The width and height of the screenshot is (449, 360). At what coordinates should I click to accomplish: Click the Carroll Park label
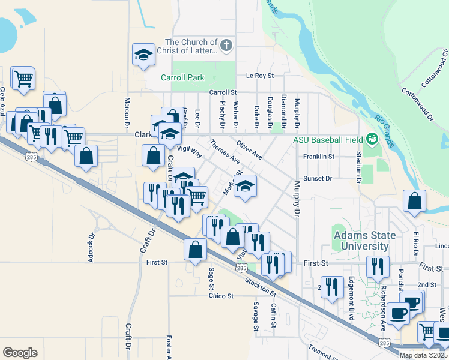tap(182, 77)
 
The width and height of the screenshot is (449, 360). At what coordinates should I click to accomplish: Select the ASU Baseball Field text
tap(328, 140)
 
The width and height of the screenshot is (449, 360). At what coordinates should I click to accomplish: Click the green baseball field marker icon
tap(372, 139)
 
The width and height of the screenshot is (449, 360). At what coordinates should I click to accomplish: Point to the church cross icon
tap(226, 44)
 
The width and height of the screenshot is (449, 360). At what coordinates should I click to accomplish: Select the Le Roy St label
tap(259, 76)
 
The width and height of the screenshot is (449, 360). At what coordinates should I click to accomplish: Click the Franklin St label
tap(318, 156)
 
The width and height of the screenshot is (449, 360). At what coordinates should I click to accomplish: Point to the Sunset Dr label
tap(318, 178)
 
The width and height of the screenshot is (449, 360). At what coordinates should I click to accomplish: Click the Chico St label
tap(221, 296)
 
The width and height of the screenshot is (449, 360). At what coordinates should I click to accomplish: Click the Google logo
tap(20, 353)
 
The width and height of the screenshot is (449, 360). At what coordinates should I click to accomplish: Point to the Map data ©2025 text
tap(424, 355)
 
